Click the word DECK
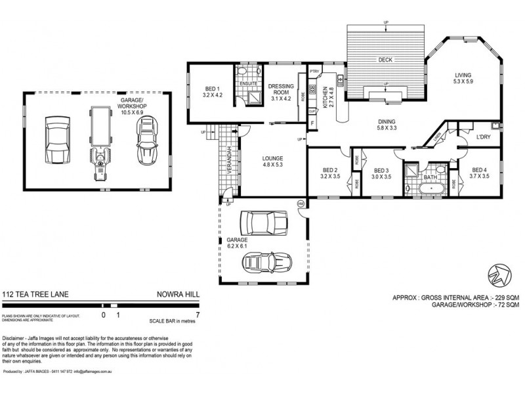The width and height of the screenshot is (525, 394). (x=385, y=60)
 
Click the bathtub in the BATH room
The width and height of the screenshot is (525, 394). (x=430, y=189)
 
